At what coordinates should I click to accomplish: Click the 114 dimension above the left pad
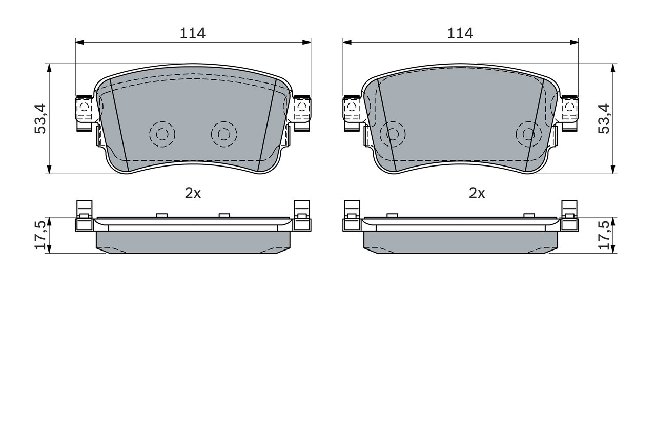coord(192,33)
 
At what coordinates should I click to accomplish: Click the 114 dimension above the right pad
coord(460,33)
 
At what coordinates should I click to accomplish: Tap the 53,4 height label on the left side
coord(40,118)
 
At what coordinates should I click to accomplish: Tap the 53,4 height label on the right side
coord(604,118)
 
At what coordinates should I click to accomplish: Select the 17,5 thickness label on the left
coord(40,235)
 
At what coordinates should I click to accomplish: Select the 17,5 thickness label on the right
coord(604,235)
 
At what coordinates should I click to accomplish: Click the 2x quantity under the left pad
coord(193,193)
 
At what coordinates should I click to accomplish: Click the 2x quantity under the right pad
coord(477,193)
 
